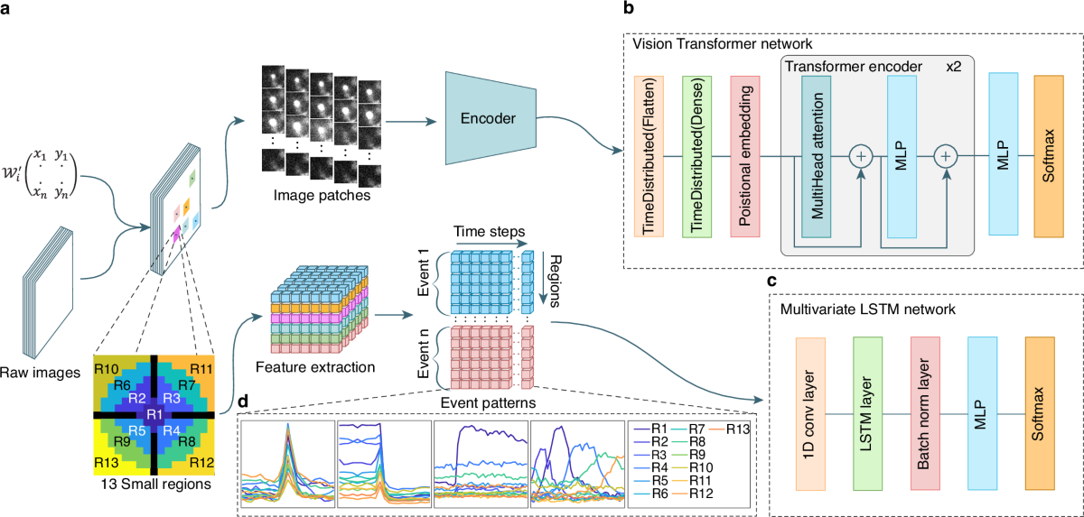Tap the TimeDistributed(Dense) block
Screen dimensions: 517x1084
[696, 157]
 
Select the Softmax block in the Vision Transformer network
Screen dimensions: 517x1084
[1049, 157]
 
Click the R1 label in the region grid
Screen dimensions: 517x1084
[154, 413]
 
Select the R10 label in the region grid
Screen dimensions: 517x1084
[107, 368]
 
